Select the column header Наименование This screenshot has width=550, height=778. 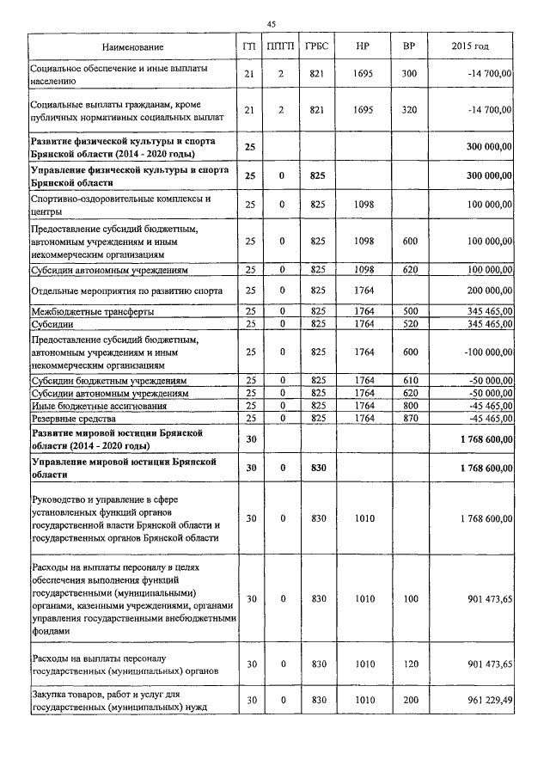point(132,46)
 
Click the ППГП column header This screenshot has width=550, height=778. point(281,46)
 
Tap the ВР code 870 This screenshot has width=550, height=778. point(408,419)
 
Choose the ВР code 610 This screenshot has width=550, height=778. point(408,380)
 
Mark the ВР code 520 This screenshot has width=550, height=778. point(408,323)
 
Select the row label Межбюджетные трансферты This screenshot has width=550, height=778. point(81,310)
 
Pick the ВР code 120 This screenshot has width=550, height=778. point(408,664)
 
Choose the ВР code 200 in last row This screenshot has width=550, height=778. point(408,701)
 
